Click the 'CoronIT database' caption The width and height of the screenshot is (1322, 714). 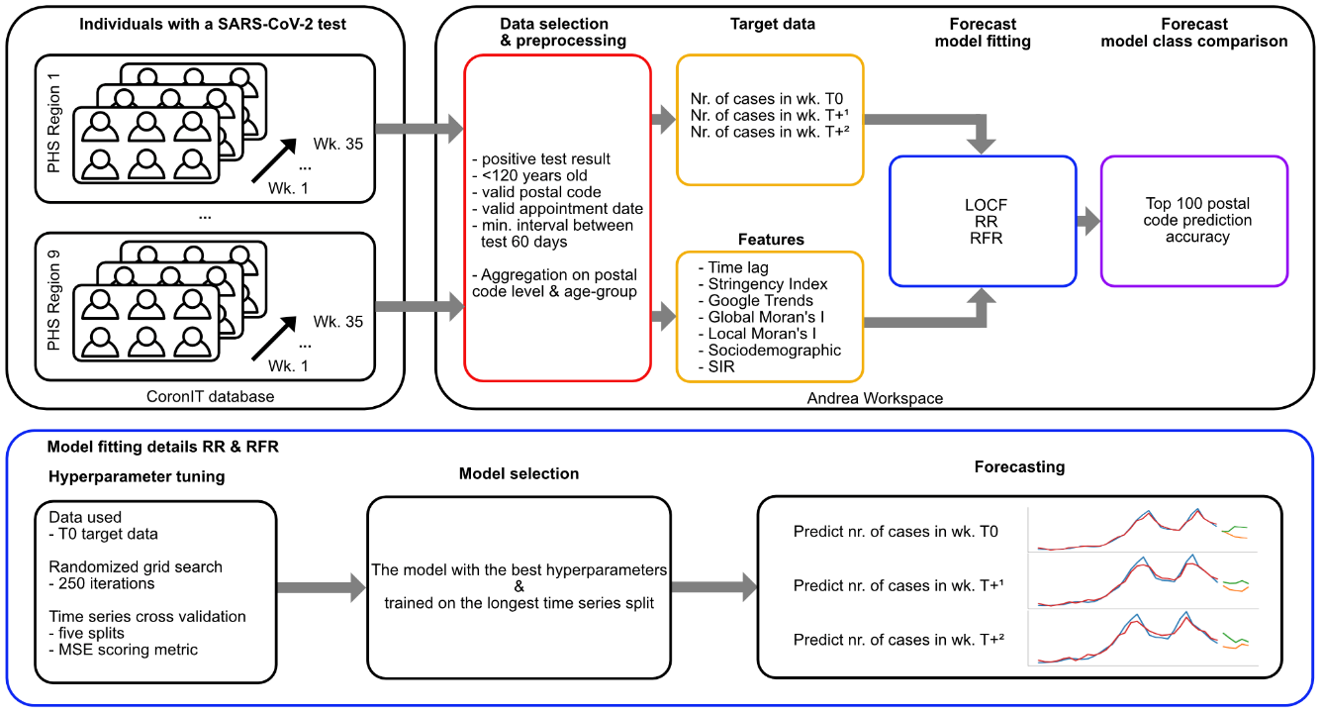click(x=210, y=396)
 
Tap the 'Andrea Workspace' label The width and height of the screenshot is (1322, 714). click(x=875, y=399)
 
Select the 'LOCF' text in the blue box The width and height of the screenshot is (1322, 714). click(x=987, y=205)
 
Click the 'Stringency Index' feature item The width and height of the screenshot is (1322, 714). click(x=767, y=284)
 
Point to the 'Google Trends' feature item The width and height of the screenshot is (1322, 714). click(x=760, y=301)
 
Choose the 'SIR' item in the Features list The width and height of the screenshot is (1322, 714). click(x=721, y=366)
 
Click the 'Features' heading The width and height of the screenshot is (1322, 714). click(x=771, y=240)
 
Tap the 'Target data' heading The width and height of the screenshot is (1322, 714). click(x=773, y=24)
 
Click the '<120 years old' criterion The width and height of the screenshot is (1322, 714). click(x=534, y=175)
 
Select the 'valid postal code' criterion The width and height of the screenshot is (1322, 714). click(x=541, y=192)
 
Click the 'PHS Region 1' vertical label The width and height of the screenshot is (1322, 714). click(x=53, y=123)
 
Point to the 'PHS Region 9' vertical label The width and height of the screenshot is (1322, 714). click(x=53, y=300)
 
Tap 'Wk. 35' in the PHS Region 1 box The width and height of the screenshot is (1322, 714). click(x=338, y=144)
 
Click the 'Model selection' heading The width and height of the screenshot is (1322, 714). click(x=519, y=473)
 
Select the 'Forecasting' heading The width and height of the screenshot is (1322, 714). click(x=1019, y=466)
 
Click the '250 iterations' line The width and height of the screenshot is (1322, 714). click(x=102, y=583)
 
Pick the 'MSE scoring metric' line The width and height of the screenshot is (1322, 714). click(x=124, y=650)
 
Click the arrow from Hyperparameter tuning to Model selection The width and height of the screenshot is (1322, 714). click(x=322, y=587)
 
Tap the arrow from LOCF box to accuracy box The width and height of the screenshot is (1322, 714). click(x=1088, y=222)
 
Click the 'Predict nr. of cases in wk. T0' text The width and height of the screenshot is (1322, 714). click(x=896, y=532)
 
